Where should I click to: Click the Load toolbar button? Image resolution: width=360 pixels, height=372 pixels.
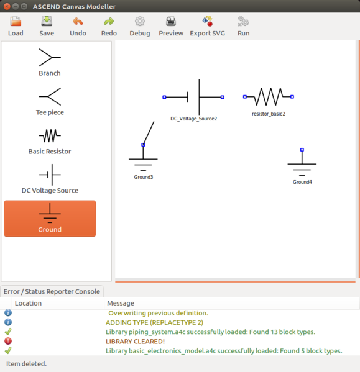click(x=16, y=25)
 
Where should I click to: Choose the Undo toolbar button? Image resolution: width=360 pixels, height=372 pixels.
click(x=78, y=25)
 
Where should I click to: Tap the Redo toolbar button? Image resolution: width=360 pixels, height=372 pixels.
click(x=109, y=25)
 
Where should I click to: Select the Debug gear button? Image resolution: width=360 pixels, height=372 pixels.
click(x=140, y=25)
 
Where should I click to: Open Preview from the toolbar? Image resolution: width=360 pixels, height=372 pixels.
click(x=171, y=25)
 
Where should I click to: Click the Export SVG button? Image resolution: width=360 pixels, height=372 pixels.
click(x=207, y=25)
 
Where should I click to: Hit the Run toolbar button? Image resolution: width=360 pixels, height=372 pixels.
click(x=243, y=25)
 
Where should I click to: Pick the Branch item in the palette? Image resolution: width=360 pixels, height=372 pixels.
click(x=50, y=62)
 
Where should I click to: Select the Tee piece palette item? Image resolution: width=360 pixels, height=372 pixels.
click(x=50, y=102)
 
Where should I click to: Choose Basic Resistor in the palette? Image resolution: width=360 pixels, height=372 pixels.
click(x=50, y=140)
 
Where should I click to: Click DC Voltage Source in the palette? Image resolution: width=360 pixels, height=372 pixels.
click(x=50, y=179)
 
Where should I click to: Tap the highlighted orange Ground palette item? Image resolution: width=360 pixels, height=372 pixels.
click(x=50, y=219)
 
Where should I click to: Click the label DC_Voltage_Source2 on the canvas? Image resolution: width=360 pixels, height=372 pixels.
click(x=193, y=118)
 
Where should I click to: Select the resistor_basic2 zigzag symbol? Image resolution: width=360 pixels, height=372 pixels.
click(x=269, y=97)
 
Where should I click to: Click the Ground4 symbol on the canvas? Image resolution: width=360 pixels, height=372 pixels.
click(x=302, y=165)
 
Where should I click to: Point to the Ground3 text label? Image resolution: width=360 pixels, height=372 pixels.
click(x=144, y=177)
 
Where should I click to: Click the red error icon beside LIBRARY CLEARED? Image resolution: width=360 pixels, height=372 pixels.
click(x=8, y=341)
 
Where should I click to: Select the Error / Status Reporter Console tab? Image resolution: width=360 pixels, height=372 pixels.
click(x=51, y=291)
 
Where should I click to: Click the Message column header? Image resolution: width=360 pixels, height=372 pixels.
click(x=121, y=303)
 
